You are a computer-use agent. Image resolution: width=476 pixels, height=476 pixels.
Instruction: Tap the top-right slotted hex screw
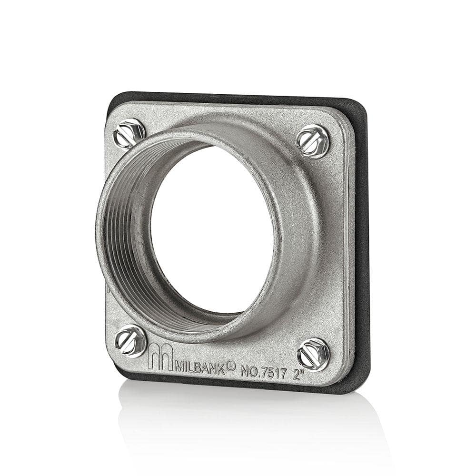point(313,141)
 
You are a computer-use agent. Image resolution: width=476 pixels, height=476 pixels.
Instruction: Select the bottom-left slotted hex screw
point(130,341)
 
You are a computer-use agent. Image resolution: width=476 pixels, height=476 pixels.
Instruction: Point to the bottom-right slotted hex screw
point(313,354)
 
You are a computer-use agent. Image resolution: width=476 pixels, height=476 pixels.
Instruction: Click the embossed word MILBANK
point(200,366)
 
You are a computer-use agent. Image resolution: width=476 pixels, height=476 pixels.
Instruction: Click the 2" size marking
point(298,375)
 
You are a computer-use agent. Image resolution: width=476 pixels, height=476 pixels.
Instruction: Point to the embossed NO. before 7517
point(250,370)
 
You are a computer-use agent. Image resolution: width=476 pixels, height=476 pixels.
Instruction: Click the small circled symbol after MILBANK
point(231,365)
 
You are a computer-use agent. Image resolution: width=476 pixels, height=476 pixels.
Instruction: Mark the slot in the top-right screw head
point(313,141)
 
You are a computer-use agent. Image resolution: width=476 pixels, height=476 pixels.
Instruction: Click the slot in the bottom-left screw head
point(129,341)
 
